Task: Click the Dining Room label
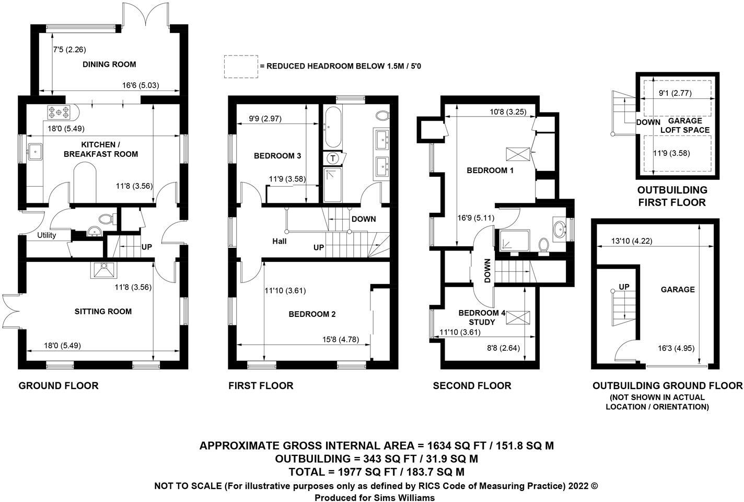[x=109, y=64]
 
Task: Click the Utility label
[x=47, y=235]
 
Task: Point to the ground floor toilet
[x=107, y=219]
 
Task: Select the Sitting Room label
[x=103, y=312]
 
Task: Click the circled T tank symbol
[x=332, y=158]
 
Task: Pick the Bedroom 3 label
[x=277, y=156]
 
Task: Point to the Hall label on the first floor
[x=279, y=241]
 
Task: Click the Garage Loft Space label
[x=684, y=125]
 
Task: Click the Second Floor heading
[x=472, y=386]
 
